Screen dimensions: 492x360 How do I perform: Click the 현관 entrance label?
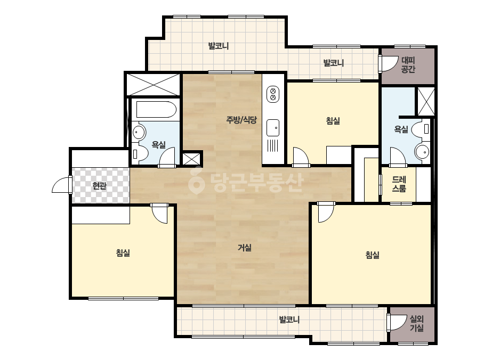[100, 186]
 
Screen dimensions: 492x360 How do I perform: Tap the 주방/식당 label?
[241, 119]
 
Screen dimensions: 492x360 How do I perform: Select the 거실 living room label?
[245, 248]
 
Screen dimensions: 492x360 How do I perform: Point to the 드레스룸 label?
[399, 184]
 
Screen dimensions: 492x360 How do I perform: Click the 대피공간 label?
[408, 64]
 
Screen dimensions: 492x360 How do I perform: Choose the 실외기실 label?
[417, 324]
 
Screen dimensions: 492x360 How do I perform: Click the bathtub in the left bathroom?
[156, 110]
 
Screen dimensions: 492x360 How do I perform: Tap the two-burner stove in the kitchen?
[273, 94]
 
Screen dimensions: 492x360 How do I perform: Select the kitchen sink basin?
[273, 128]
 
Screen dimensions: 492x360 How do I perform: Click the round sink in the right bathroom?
[422, 152]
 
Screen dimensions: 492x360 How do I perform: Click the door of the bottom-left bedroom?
[159, 214]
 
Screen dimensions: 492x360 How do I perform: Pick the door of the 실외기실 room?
[397, 322]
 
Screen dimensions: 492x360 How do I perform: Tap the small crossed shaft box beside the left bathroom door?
[191, 159]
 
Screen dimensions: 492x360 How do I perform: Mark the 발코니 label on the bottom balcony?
[289, 320]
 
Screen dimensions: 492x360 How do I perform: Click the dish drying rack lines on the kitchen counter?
[273, 146]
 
